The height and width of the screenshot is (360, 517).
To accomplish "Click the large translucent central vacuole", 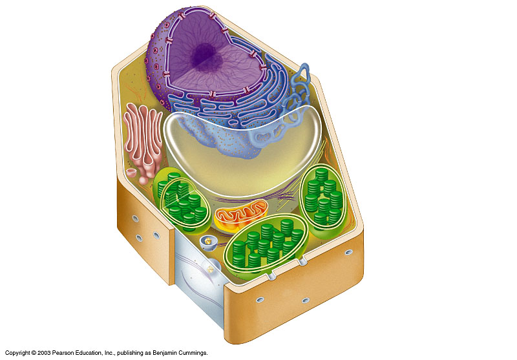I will coord(242,152).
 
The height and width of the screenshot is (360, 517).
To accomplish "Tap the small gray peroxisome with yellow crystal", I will coord(208,242).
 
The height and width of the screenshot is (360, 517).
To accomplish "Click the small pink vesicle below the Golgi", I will coord(133,173).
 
